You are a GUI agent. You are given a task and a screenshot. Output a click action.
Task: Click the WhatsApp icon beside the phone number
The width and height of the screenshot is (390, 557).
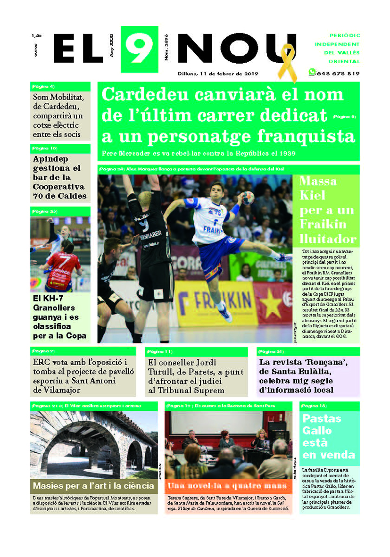click(312, 72)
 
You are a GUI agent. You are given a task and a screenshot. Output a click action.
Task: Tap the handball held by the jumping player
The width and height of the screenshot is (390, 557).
click(249, 198)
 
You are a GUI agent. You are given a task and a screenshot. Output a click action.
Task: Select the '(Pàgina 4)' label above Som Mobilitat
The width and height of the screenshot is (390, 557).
click(43, 86)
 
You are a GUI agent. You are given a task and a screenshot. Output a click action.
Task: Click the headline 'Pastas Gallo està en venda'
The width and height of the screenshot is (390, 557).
click(328, 436)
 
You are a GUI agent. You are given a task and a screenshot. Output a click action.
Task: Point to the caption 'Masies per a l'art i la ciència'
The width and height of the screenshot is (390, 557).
click(93, 486)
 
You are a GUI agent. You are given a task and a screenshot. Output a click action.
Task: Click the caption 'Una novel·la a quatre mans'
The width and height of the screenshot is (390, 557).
click(227, 486)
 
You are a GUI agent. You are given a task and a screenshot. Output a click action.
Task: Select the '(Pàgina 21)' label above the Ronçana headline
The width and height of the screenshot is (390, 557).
click(271, 351)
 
